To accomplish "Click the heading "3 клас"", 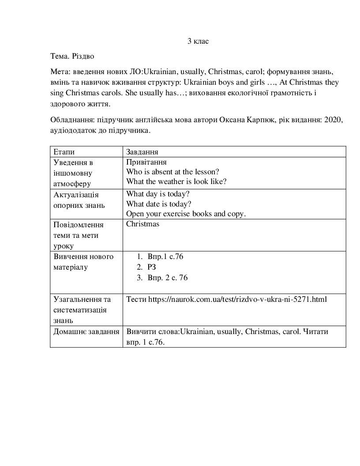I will click(x=198, y=41).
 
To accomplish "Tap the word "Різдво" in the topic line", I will click(x=83, y=56).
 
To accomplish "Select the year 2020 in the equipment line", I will click(x=333, y=120).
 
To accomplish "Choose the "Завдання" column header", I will click(x=142, y=152).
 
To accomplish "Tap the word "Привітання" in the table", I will click(x=146, y=162).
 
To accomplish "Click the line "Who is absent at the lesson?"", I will click(x=172, y=172).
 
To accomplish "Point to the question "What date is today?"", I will click(x=159, y=204).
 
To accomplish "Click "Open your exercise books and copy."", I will click(x=186, y=214).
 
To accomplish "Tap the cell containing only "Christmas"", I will click(x=142, y=224).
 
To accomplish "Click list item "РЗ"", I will click(x=152, y=267).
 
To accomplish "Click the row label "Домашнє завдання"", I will click(x=86, y=331).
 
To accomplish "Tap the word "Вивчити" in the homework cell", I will click(x=140, y=331).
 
